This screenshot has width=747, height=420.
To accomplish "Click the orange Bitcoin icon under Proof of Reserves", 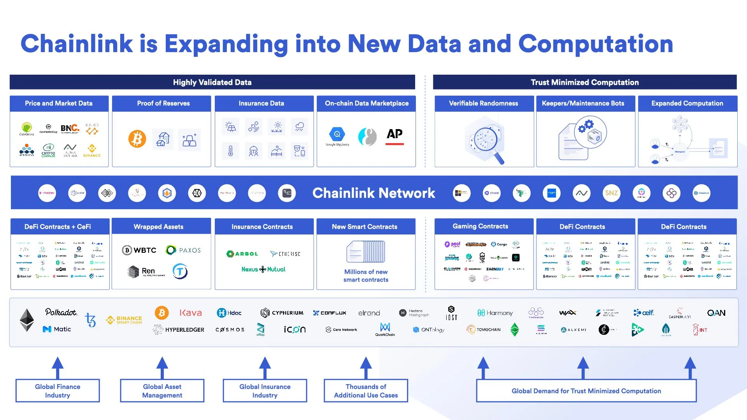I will tap(137, 139).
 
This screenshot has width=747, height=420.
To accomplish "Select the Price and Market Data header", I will tap(59, 103).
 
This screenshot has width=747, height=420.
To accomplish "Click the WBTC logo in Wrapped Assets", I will tap(139, 250).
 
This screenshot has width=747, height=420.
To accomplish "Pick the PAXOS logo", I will tap(183, 250).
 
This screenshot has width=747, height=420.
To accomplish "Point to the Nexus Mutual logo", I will tap(263, 269).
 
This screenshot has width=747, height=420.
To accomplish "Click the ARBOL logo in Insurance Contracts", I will tap(242, 254).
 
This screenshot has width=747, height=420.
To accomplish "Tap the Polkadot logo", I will tap(61, 312).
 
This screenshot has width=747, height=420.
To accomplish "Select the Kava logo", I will tap(191, 313).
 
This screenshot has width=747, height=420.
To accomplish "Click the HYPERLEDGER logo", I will tap(179, 329).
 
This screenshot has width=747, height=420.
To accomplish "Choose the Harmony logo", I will tap(495, 313).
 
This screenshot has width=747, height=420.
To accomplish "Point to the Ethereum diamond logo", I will tap(27, 320).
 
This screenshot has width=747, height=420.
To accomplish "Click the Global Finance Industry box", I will tap(58, 391).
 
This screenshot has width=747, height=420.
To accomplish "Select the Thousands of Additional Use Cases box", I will tap(366, 391).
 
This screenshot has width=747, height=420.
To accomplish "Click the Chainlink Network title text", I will tap(373, 193).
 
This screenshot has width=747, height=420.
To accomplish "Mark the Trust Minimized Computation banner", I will tap(585, 82).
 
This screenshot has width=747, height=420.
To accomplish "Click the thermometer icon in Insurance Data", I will tap(230, 151).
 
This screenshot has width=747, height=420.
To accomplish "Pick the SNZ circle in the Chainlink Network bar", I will tap(611, 193).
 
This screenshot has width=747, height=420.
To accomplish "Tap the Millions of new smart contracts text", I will tap(366, 276).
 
